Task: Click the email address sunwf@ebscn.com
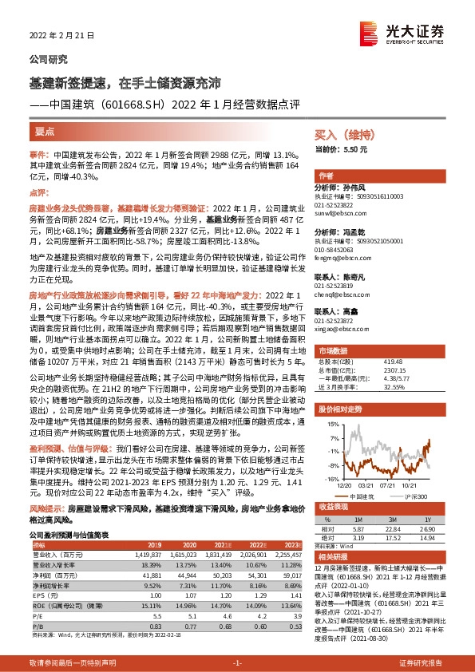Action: tap(338, 215)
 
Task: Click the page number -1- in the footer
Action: tap(237, 663)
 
